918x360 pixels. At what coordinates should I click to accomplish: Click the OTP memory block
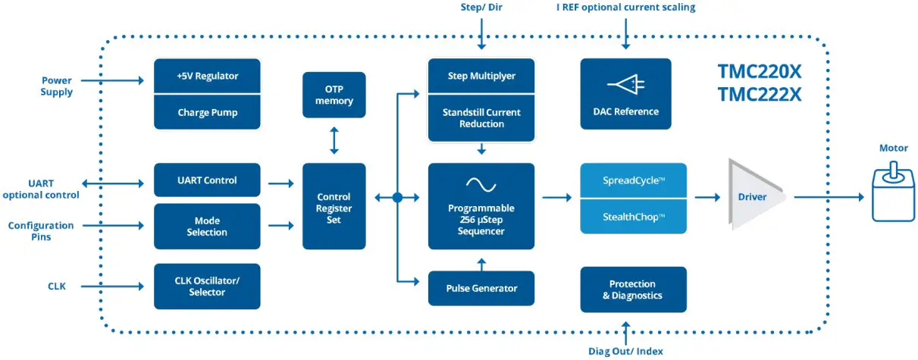pyautogui.click(x=334, y=95)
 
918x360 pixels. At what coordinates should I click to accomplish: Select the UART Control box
pyautogui.click(x=207, y=180)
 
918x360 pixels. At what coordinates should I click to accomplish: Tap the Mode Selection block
pyautogui.click(x=207, y=226)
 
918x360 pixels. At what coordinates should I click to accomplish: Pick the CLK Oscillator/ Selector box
pyautogui.click(x=207, y=286)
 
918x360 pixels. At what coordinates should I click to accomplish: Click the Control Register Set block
pyautogui.click(x=334, y=206)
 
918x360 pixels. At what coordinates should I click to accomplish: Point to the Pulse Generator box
pyautogui.click(x=481, y=288)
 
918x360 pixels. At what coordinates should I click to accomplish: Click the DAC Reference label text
pyautogui.click(x=626, y=111)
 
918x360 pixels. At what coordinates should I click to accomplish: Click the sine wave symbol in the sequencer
pyautogui.click(x=481, y=183)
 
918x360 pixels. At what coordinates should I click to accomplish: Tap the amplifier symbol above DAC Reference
pyautogui.click(x=626, y=85)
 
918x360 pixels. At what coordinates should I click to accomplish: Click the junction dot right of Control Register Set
pyautogui.click(x=397, y=198)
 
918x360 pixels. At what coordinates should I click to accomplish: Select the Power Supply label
pyautogui.click(x=57, y=86)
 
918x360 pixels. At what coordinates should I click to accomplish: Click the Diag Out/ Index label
pyautogui.click(x=626, y=351)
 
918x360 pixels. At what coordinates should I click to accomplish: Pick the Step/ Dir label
pyautogui.click(x=481, y=8)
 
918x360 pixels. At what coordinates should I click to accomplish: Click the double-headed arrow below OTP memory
pyautogui.click(x=334, y=140)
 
